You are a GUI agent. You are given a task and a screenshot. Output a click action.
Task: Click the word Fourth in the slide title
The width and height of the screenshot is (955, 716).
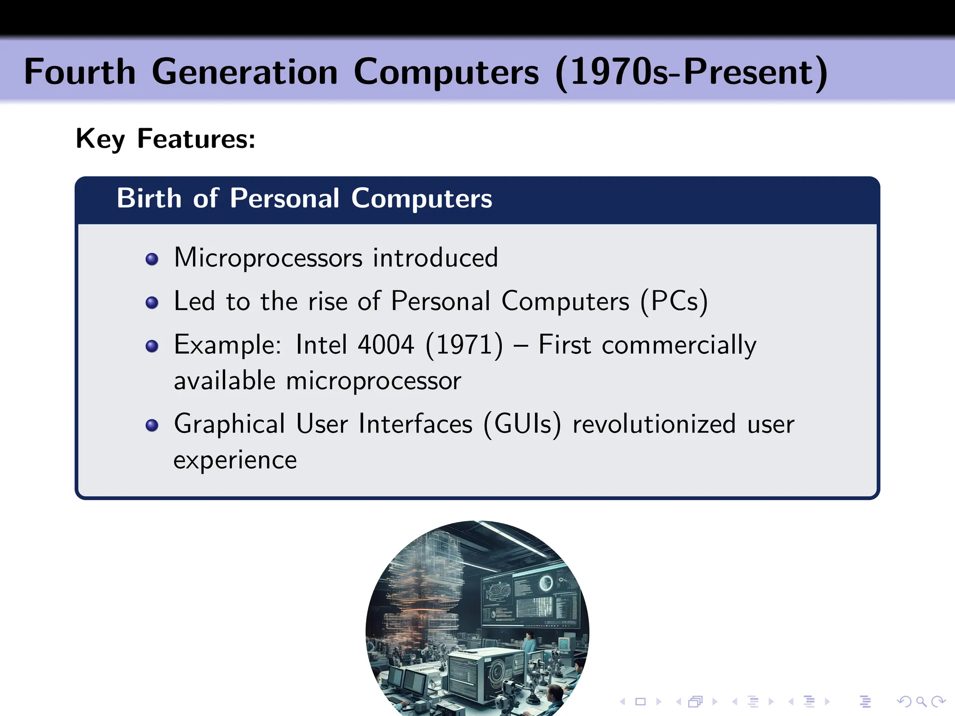tap(80, 72)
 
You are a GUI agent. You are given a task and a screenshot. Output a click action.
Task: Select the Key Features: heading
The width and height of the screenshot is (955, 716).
tap(166, 139)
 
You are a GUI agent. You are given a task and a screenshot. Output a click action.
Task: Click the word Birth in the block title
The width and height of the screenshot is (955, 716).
tap(149, 199)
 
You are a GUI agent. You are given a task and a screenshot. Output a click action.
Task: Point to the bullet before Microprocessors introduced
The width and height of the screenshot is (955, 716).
tap(152, 259)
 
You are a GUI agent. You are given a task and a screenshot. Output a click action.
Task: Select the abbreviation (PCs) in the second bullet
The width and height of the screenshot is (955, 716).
tap(674, 302)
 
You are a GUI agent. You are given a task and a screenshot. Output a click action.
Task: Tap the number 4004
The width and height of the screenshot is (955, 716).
tap(386, 345)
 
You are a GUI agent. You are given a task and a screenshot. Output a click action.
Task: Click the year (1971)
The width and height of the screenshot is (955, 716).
tap(464, 345)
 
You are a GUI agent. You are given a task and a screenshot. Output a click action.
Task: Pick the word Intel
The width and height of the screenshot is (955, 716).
tap(322, 345)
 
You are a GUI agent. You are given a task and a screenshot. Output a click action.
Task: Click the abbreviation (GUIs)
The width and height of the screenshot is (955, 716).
tap(522, 424)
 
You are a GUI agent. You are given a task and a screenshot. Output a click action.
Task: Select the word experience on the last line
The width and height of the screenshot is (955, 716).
tap(235, 461)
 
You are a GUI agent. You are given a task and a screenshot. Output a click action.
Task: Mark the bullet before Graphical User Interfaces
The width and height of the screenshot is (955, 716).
tap(152, 425)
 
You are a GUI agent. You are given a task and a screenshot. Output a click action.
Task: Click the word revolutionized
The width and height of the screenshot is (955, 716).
tap(654, 424)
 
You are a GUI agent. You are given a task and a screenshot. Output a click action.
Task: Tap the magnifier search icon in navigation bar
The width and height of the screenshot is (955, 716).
tap(921, 702)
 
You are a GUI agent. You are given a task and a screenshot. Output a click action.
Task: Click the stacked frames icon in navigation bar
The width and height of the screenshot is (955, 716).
tap(695, 702)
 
